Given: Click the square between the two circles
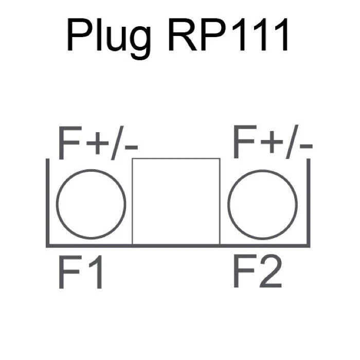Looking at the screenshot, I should click(x=176, y=201).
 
